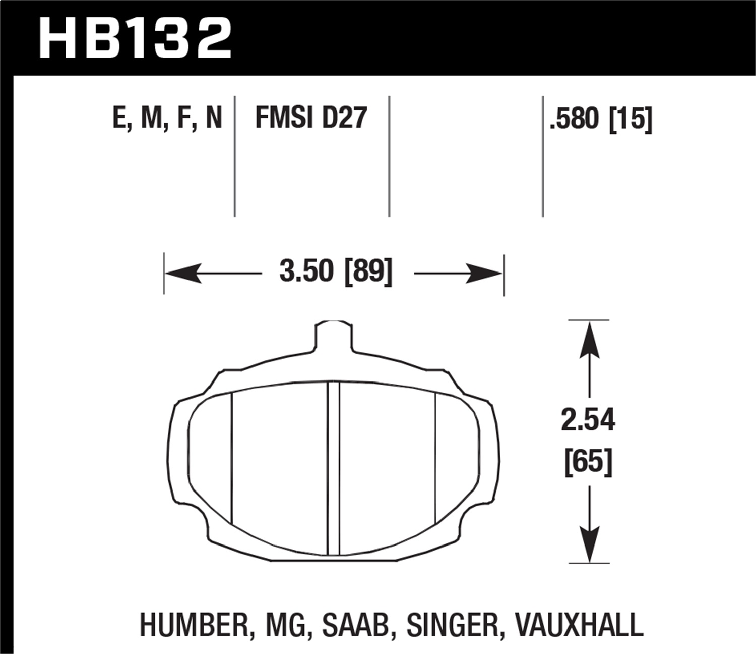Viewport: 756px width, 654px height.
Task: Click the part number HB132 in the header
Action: point(135,38)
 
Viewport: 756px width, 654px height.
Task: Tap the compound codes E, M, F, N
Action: point(167,118)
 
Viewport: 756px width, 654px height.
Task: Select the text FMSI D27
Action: point(311,118)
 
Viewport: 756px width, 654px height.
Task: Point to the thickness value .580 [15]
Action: point(601,119)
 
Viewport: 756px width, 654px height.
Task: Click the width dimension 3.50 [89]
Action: point(335,272)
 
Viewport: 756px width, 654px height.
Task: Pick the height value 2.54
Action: point(588,420)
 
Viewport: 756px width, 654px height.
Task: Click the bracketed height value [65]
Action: point(588,461)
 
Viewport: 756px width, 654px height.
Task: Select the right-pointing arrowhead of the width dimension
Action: point(485,274)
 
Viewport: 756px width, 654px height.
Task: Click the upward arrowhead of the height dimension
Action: point(589,340)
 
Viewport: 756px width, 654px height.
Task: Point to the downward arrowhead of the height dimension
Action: point(589,543)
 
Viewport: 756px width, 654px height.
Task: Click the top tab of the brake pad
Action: point(333,335)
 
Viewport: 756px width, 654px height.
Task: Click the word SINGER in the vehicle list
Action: point(452,625)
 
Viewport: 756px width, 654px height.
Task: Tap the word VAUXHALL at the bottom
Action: point(579,625)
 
